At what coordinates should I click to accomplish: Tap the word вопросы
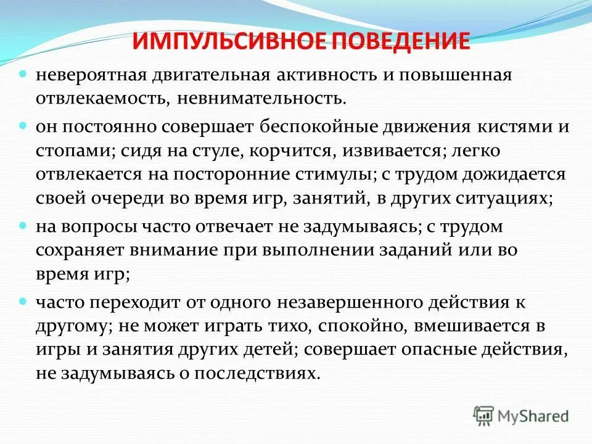(105, 226)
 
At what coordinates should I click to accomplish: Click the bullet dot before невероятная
(23, 73)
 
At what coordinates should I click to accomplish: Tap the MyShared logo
(522, 415)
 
